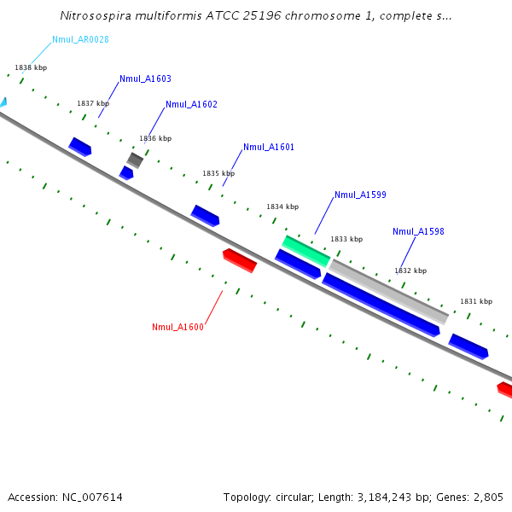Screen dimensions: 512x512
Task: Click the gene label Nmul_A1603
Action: tap(145, 79)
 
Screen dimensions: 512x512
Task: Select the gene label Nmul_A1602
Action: tap(191, 104)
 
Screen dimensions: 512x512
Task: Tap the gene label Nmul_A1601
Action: tap(269, 147)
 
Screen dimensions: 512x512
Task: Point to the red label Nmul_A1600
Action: tap(177, 327)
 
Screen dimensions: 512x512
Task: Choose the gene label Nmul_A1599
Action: tap(360, 195)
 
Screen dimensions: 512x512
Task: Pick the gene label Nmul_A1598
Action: tap(418, 231)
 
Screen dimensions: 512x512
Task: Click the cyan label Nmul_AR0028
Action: tap(80, 39)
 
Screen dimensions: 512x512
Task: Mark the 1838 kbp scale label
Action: tap(31, 67)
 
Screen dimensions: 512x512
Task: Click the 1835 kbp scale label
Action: tap(218, 173)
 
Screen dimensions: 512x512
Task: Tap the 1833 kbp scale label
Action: tap(346, 239)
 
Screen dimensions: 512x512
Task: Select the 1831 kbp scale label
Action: tap(476, 301)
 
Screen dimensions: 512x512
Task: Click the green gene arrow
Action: tap(305, 251)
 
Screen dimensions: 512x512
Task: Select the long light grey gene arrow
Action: tap(388, 291)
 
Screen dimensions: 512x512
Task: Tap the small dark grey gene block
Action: tap(135, 160)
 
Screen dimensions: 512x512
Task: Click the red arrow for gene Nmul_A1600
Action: tap(239, 259)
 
